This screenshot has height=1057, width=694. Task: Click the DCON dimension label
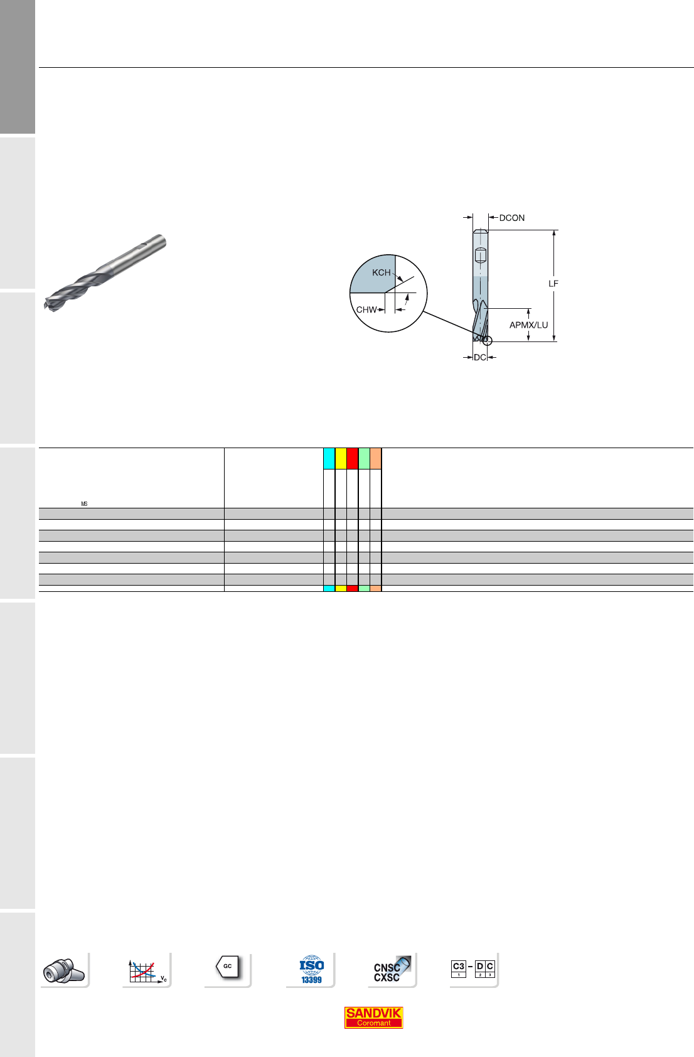(512, 218)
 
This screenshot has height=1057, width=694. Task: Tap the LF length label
(553, 284)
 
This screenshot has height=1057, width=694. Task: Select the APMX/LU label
(528, 325)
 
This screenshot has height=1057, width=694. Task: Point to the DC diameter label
(480, 357)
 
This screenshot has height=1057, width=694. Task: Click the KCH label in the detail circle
(382, 272)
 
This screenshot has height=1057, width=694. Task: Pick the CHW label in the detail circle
(366, 309)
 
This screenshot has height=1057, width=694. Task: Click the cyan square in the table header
(329, 459)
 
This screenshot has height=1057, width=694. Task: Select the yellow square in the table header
(341, 459)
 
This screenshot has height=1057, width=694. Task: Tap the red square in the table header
(353, 459)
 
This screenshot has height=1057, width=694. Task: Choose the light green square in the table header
(364, 459)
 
